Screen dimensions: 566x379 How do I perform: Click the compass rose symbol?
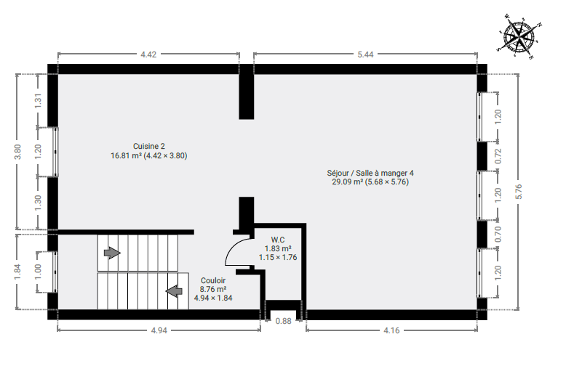(x=519, y=36)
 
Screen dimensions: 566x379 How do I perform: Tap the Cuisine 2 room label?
(x=148, y=146)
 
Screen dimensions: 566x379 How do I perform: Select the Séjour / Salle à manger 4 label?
(x=370, y=173)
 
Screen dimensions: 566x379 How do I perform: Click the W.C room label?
(x=278, y=240)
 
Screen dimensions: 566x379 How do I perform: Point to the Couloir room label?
(x=213, y=280)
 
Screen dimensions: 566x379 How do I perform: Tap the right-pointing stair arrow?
(x=112, y=253)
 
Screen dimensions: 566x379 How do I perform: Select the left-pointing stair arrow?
(x=174, y=291)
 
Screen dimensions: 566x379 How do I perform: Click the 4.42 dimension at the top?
(x=148, y=54)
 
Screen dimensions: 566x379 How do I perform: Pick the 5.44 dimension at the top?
(x=365, y=54)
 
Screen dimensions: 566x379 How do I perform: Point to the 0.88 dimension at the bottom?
(x=283, y=321)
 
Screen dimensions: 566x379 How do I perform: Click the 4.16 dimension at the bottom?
(x=391, y=330)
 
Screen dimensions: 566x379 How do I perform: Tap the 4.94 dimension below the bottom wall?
(x=159, y=330)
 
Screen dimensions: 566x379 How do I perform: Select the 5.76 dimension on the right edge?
(x=519, y=192)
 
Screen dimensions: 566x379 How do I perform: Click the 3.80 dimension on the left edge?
(x=17, y=152)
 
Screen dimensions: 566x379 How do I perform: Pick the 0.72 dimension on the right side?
(x=498, y=156)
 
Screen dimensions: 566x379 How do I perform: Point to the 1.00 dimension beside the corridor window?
(x=39, y=272)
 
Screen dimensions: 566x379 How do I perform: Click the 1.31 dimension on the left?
(x=39, y=100)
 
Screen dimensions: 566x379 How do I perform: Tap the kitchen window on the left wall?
(x=55, y=152)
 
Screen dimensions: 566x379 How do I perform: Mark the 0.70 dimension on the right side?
(x=498, y=235)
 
